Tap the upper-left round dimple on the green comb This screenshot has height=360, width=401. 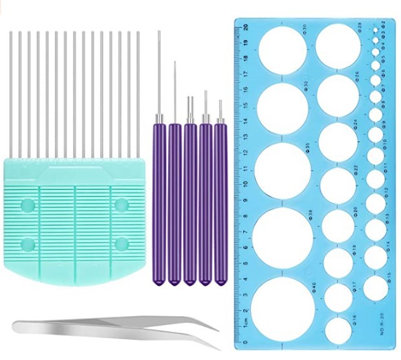click(x=27, y=205)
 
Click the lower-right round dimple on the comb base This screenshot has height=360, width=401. click(x=120, y=244)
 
